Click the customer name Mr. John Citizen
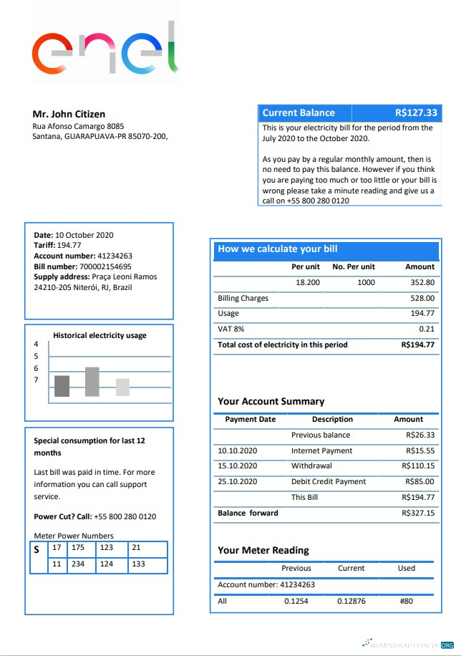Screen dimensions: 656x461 tap(69, 114)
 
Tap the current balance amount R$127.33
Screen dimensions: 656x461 tap(416, 112)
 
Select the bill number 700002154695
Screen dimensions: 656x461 tap(105, 266)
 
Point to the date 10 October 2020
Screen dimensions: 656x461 tap(84, 235)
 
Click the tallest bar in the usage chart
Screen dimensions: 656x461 tap(92, 382)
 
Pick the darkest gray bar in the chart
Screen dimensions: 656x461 tap(62, 386)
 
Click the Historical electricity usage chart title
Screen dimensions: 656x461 tap(100, 335)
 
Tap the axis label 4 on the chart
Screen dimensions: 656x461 tap(36, 344)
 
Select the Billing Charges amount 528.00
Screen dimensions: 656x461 tap(422, 298)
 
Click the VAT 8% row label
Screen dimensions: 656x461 tap(230, 329)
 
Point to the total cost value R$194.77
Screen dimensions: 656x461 tap(418, 344)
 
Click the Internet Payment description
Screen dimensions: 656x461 tap(321, 450)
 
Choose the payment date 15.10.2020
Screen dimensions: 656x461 tap(237, 466)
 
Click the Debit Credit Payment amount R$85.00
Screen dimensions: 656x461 tap(419, 481)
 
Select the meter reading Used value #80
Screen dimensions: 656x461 tap(406, 601)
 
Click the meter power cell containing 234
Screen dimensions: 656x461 tap(78, 564)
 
